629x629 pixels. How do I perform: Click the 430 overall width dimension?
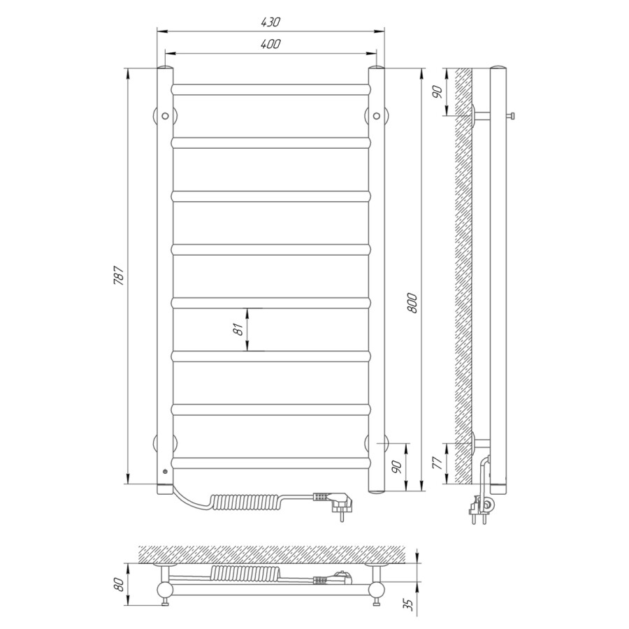pos(270,22)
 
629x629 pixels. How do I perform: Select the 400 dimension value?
pos(270,44)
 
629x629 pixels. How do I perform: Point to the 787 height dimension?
pos(119,276)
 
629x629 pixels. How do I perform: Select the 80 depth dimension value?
pos(119,585)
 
